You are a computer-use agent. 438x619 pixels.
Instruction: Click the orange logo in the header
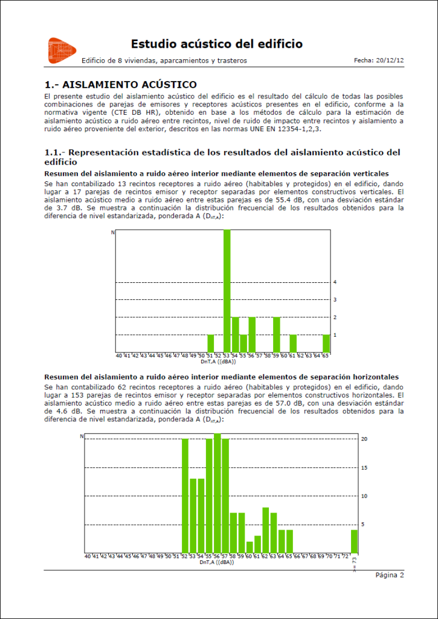click(x=62, y=50)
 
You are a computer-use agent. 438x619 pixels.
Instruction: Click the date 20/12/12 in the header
click(x=390, y=60)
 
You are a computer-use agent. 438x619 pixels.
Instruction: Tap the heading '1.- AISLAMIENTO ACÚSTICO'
click(x=121, y=84)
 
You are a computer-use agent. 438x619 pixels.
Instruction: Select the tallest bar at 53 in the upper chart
click(x=227, y=291)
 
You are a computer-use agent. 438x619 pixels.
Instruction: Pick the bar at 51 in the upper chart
click(x=211, y=343)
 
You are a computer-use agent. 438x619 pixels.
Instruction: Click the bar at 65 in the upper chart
click(x=326, y=343)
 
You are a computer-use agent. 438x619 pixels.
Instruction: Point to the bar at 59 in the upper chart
click(x=277, y=334)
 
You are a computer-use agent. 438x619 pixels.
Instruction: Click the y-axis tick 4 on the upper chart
click(x=335, y=282)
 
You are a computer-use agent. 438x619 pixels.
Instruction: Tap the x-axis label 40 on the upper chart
click(x=119, y=357)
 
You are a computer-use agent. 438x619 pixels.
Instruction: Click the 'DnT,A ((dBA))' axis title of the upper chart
click(x=218, y=362)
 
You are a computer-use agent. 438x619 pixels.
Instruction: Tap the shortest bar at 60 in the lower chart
click(x=250, y=546)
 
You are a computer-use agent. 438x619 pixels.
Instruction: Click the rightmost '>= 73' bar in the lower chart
click(x=354, y=540)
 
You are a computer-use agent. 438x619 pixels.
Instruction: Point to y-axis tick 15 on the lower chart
click(x=364, y=467)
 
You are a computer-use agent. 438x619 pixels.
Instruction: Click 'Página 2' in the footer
click(x=390, y=575)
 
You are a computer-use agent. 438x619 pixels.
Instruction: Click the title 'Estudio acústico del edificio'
click(x=217, y=44)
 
